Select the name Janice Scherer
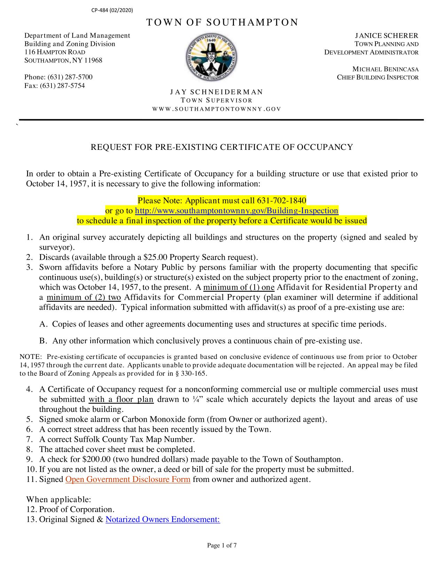pos(386,36)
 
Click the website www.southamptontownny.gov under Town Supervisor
pos(216,109)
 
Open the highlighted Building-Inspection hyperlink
pos(236,211)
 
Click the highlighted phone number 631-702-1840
pos(281,201)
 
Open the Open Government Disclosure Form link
pos(128,480)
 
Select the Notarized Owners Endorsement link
pos(163,520)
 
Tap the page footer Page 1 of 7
pos(222,546)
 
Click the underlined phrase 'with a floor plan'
pos(121,399)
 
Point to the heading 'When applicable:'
pos(59,500)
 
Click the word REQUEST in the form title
pos(106,147)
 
